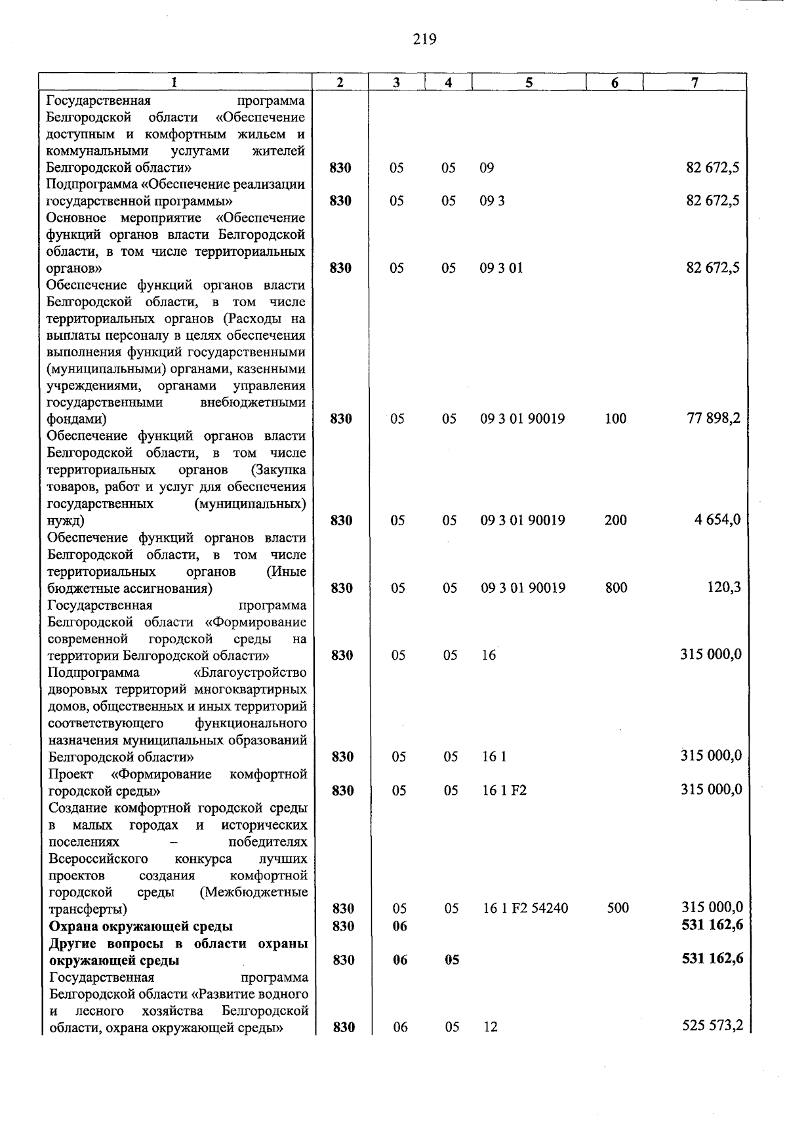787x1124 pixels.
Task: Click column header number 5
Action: coord(529,82)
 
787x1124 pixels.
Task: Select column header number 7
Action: coord(695,82)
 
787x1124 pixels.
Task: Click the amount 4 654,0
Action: coord(718,519)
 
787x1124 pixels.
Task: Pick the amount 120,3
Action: coord(724,587)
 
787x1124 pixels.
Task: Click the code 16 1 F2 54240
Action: coord(525,908)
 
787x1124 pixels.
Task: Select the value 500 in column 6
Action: coord(618,908)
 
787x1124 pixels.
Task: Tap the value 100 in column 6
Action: coord(616,418)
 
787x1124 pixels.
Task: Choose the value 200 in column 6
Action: coord(616,520)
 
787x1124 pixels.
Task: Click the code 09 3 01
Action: coord(501,268)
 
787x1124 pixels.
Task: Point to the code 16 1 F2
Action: coord(504,791)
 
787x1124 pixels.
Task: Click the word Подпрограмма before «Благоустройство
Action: coord(94,672)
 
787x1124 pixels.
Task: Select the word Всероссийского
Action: coord(98,858)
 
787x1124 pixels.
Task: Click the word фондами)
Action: coord(77,418)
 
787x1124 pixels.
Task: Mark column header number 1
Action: coord(174,82)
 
